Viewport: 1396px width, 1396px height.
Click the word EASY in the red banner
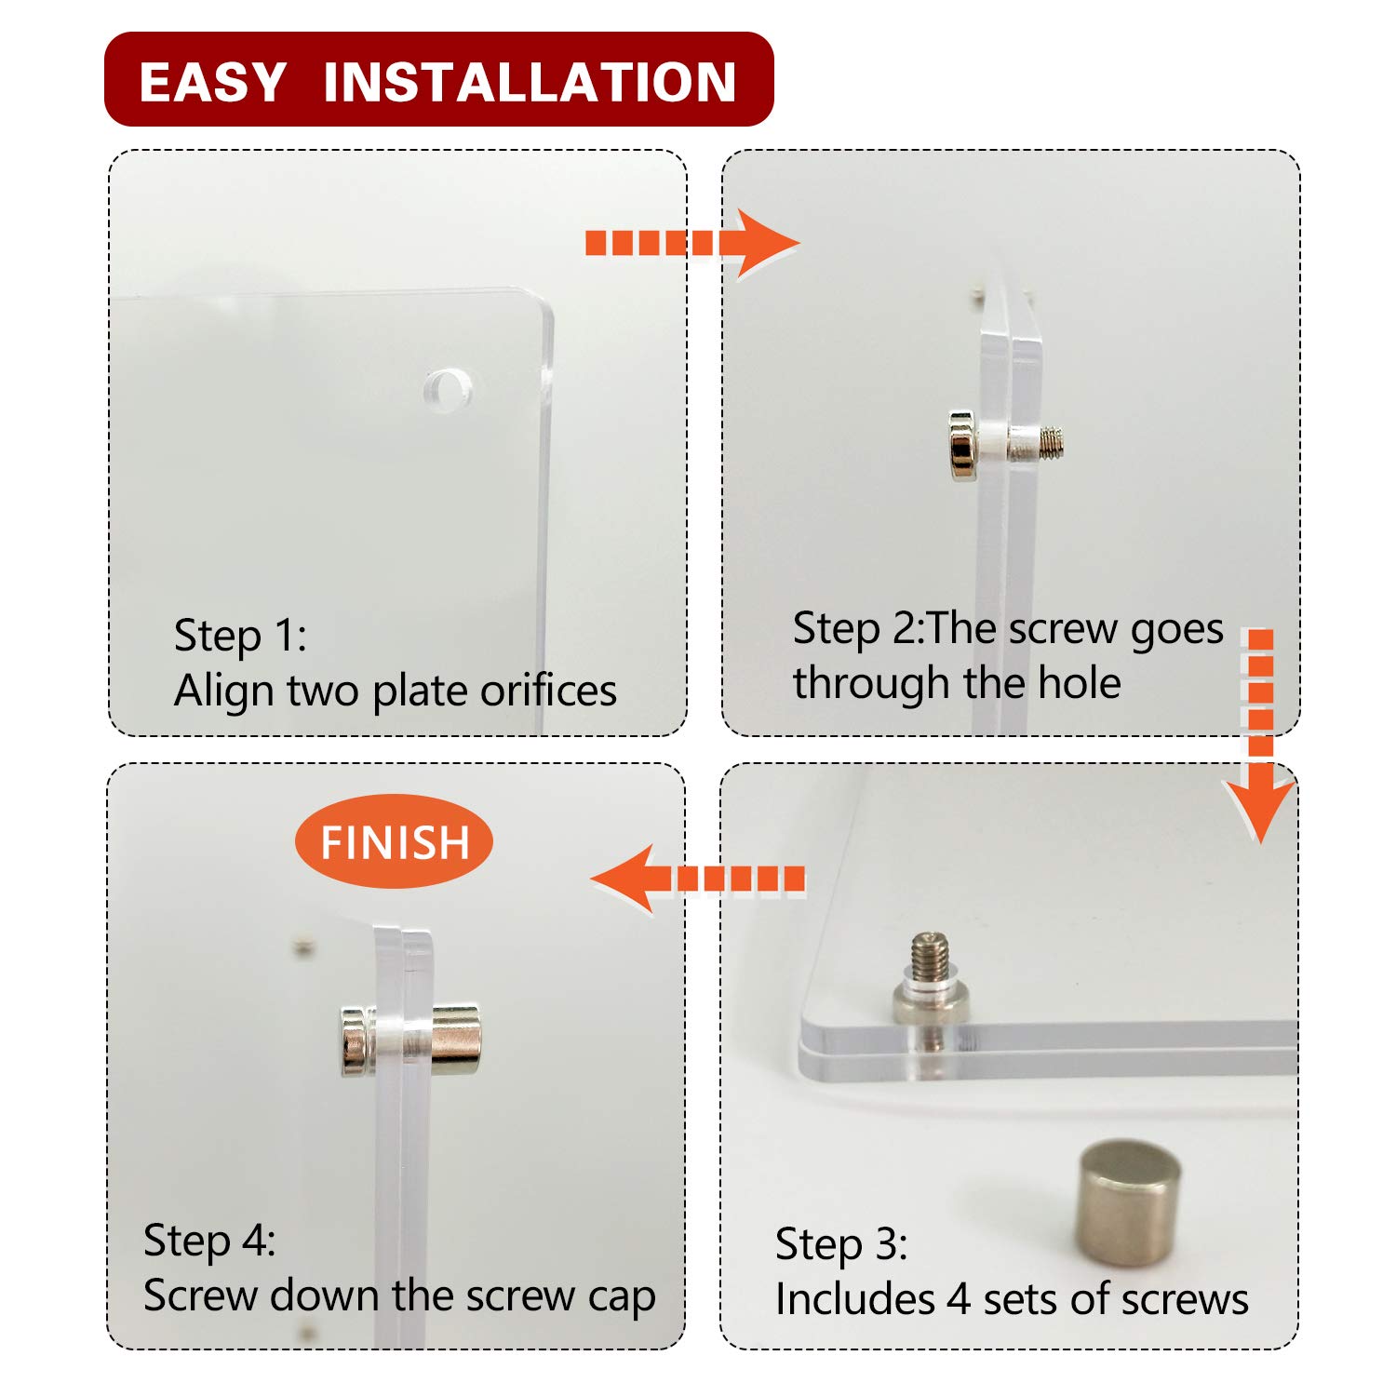click(212, 82)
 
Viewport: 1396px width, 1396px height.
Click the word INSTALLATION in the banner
click(530, 82)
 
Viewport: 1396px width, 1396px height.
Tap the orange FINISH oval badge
click(394, 842)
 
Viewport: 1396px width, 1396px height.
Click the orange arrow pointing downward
click(1259, 735)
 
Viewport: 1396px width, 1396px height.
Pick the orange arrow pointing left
click(698, 879)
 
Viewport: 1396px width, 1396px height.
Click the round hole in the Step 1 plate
click(447, 388)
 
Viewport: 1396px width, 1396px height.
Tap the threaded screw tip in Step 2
click(1051, 442)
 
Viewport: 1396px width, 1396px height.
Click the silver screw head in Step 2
click(961, 446)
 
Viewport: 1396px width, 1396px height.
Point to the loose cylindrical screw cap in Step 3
click(1130, 1201)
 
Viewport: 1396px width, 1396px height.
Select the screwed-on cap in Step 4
click(456, 1040)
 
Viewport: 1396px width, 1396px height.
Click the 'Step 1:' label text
click(240, 636)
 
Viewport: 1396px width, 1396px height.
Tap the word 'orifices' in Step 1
click(548, 691)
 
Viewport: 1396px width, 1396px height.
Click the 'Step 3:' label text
click(841, 1244)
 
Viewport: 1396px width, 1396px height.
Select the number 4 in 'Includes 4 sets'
click(959, 1299)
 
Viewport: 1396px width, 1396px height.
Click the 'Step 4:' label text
click(209, 1241)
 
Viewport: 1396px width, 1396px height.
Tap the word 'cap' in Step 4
click(622, 1297)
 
